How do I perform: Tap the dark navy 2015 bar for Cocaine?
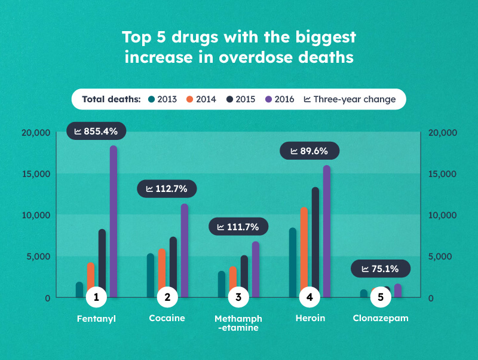click(x=173, y=263)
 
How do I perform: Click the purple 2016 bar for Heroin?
click(x=327, y=227)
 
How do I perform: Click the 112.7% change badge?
click(x=167, y=189)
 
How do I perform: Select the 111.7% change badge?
click(x=238, y=227)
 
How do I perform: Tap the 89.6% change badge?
click(x=309, y=151)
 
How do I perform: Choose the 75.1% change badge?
click(x=380, y=269)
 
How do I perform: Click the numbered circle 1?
click(x=96, y=297)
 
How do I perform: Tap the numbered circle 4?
click(x=310, y=297)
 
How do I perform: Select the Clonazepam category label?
click(x=381, y=318)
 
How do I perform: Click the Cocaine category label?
click(x=167, y=318)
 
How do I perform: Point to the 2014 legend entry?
click(x=201, y=99)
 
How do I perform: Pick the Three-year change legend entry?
click(x=350, y=99)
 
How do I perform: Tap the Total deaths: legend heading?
click(x=111, y=99)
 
